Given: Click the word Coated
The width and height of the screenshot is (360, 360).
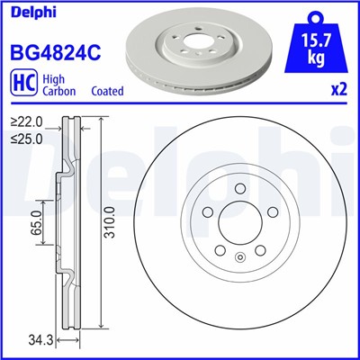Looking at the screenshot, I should coord(108,91).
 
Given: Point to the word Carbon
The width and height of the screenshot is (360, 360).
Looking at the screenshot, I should coord(60,91).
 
